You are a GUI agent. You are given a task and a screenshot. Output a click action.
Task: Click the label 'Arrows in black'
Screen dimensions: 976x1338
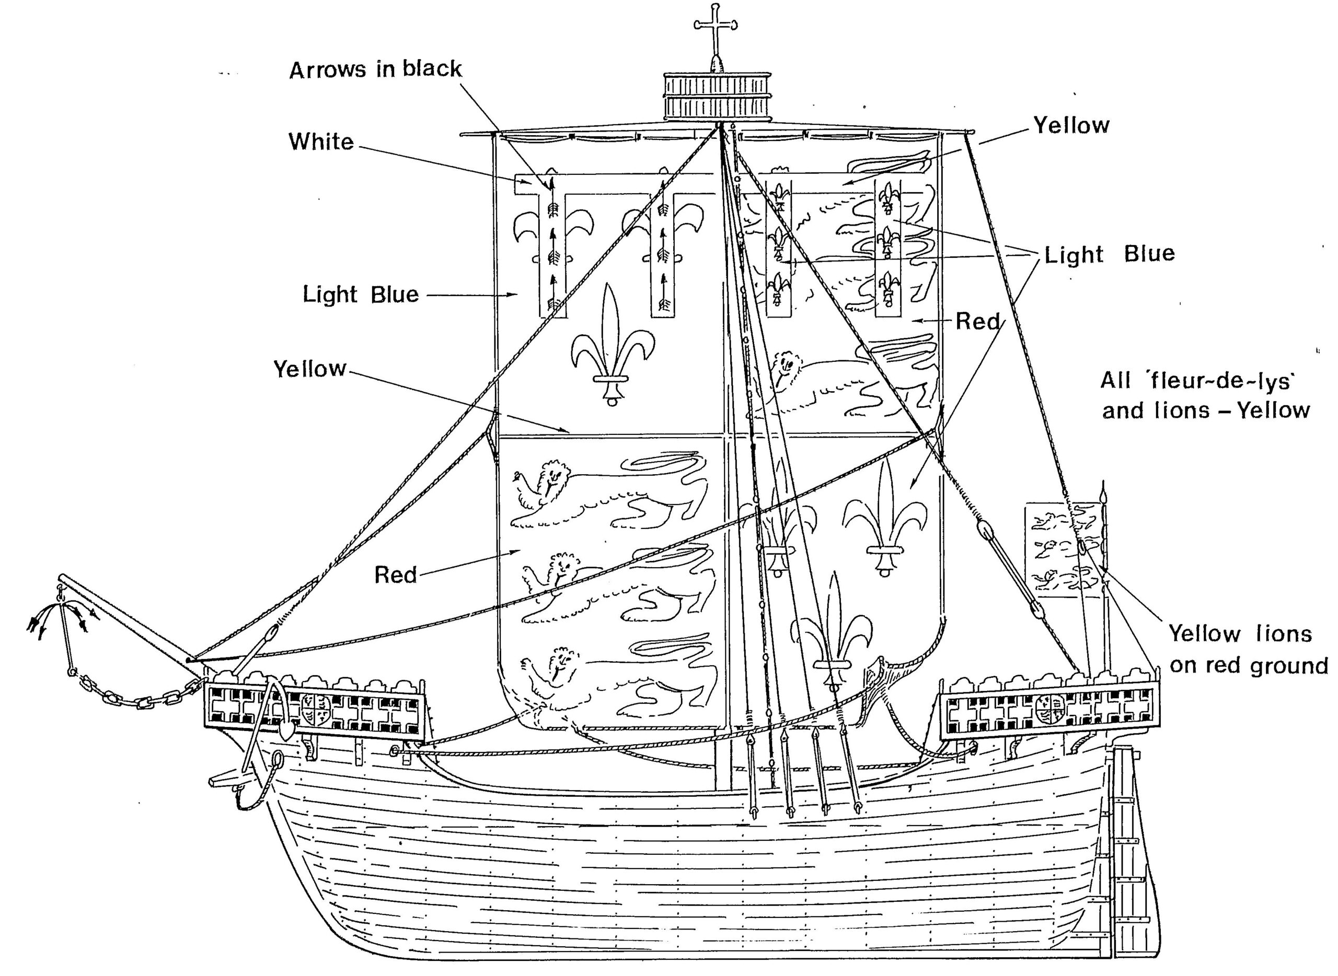tap(375, 70)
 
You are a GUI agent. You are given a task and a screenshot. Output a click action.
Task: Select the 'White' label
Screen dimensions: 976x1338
tap(321, 142)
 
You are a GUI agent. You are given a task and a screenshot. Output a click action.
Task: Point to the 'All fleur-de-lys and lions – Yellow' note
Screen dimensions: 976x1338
tap(1205, 395)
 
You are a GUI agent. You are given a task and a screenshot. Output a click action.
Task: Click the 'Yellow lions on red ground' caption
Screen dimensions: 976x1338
tap(1248, 649)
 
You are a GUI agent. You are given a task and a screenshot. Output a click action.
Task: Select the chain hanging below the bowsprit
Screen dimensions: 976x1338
tap(136, 697)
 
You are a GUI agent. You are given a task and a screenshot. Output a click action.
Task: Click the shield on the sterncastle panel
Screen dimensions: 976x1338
tap(1050, 710)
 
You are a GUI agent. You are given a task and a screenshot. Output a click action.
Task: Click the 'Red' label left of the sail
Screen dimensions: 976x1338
tap(395, 574)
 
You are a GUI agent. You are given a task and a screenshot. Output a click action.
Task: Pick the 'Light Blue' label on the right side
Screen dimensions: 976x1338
tap(1109, 254)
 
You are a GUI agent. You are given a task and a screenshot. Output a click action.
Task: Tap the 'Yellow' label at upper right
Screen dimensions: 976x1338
tap(1071, 125)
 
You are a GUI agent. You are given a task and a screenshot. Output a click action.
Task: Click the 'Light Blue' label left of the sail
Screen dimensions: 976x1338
tap(361, 294)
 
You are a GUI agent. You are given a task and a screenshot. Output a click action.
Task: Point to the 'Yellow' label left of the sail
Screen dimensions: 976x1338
tap(309, 369)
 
